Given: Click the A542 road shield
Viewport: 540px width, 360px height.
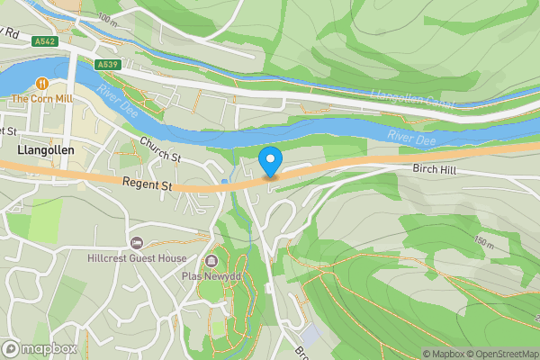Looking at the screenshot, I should tap(44, 41).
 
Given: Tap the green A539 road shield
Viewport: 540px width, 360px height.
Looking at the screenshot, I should tap(108, 64).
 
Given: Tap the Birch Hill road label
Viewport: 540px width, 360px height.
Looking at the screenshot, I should tap(436, 168).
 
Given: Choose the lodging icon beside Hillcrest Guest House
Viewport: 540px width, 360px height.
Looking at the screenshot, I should tap(137, 242).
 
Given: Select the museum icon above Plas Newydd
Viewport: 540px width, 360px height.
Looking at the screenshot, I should tap(211, 261).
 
